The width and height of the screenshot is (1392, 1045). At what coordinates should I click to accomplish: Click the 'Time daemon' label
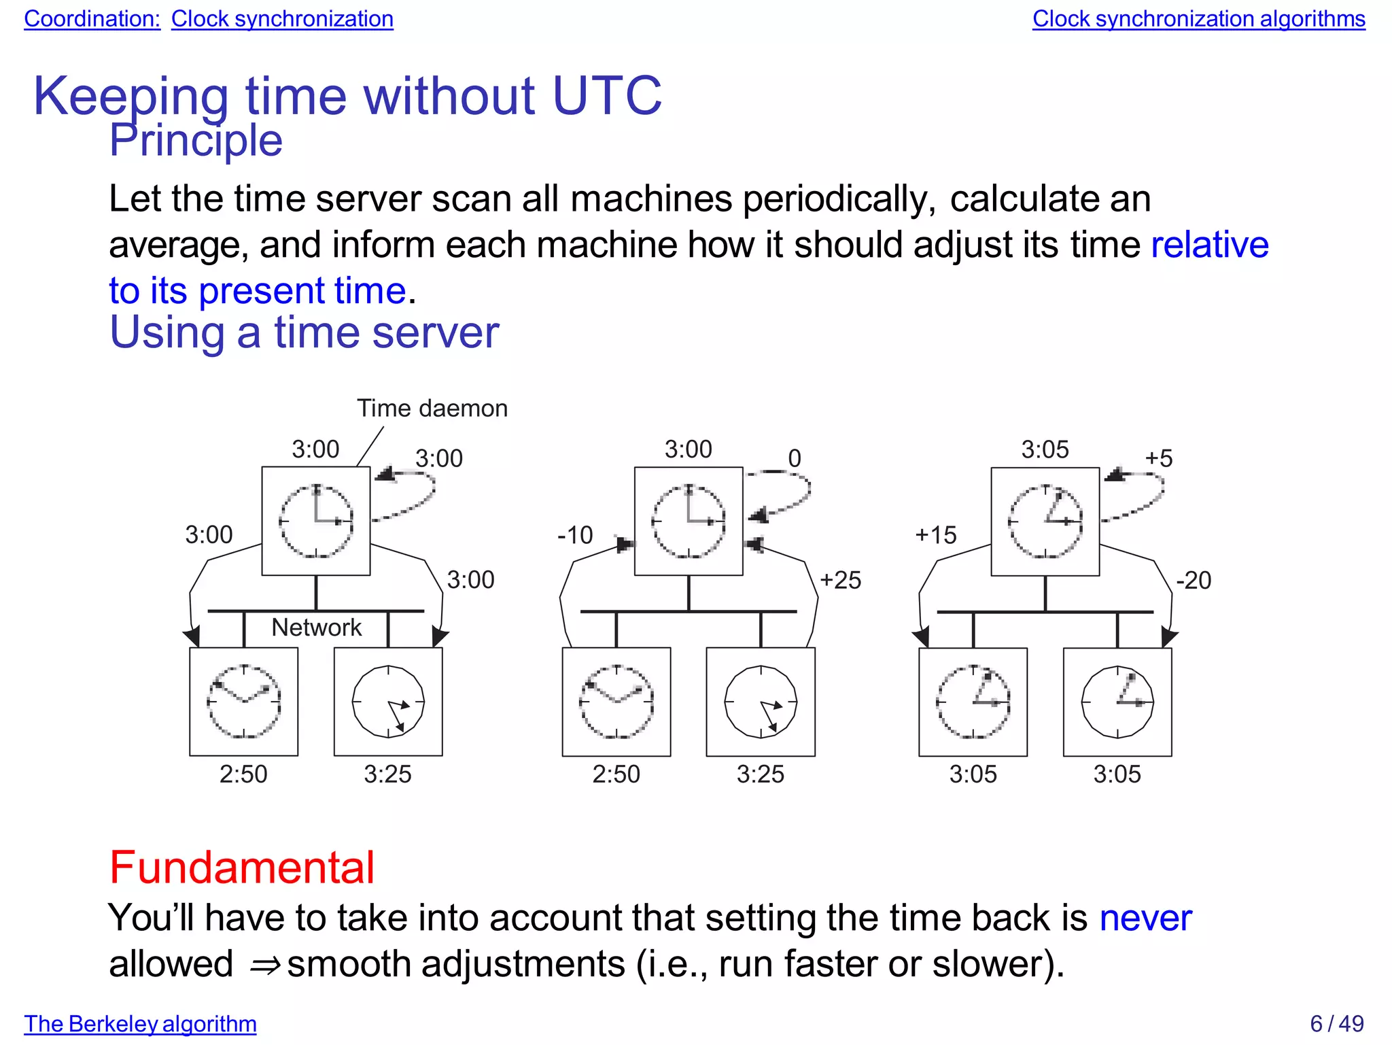432,408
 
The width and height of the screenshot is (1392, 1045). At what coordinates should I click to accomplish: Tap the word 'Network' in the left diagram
316,627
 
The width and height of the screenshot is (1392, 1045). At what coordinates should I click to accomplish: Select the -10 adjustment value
575,535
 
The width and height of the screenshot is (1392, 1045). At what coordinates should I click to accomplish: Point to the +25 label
840,580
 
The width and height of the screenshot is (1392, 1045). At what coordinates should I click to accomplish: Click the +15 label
935,535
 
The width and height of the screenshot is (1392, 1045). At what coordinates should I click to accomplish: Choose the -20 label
1194,580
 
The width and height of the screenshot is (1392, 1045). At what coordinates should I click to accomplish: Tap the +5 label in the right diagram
1159,458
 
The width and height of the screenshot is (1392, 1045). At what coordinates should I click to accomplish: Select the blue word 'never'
1145,918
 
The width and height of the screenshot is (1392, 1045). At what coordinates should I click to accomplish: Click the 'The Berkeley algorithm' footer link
140,1023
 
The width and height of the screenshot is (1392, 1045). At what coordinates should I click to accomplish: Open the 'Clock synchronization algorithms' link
1198,19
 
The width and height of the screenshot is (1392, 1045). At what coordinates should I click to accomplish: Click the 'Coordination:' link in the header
92,19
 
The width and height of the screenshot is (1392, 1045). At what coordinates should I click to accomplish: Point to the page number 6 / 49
1336,1023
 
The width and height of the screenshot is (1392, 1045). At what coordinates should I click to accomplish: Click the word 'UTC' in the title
607,95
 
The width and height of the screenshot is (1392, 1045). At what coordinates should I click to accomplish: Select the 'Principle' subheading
196,141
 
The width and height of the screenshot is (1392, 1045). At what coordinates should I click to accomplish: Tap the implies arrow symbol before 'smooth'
264,965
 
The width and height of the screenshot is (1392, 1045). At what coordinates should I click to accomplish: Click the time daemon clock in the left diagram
316,521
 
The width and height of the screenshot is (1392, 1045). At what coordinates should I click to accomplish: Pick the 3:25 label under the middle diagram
760,774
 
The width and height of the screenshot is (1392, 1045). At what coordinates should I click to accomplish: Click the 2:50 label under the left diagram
243,774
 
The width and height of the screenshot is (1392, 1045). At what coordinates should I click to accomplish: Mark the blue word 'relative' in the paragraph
1209,245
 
